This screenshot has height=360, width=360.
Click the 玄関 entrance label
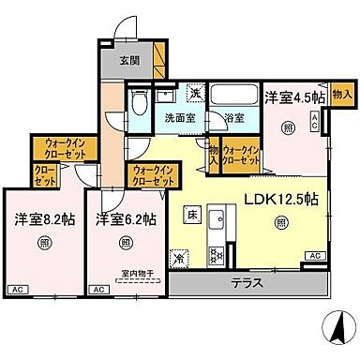(130, 61)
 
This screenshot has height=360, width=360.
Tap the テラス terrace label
(247, 282)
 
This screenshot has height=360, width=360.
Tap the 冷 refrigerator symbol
(179, 256)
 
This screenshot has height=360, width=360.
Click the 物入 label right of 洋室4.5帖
(341, 94)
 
